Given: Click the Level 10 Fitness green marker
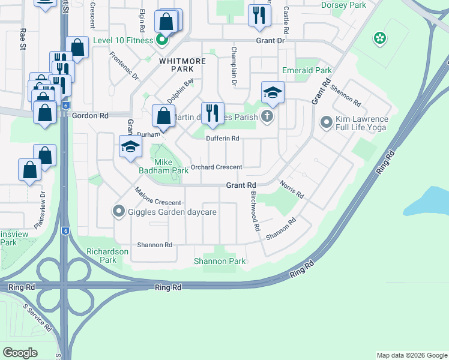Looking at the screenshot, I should pyautogui.click(x=161, y=41).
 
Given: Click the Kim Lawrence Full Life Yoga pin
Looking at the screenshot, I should pyautogui.click(x=327, y=123).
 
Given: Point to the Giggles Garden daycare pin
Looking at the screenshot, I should pyautogui.click(x=118, y=211).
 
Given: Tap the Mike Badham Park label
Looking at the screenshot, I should pyautogui.click(x=160, y=166).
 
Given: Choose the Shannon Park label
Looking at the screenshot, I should pyautogui.click(x=220, y=261).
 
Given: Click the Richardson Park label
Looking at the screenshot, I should pyautogui.click(x=107, y=256).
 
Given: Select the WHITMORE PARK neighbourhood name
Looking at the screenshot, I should pyautogui.click(x=182, y=65).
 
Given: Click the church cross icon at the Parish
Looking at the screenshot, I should pyautogui.click(x=267, y=116).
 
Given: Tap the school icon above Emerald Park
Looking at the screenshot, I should pyautogui.click(x=273, y=92).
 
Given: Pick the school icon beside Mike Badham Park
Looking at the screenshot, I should pyautogui.click(x=130, y=146).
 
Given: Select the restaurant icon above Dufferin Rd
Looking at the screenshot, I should pyautogui.click(x=212, y=112).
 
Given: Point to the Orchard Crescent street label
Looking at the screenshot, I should pyautogui.click(x=217, y=167).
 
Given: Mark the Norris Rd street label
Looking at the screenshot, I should pyautogui.click(x=292, y=190).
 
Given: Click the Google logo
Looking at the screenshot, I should pyautogui.click(x=20, y=353).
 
